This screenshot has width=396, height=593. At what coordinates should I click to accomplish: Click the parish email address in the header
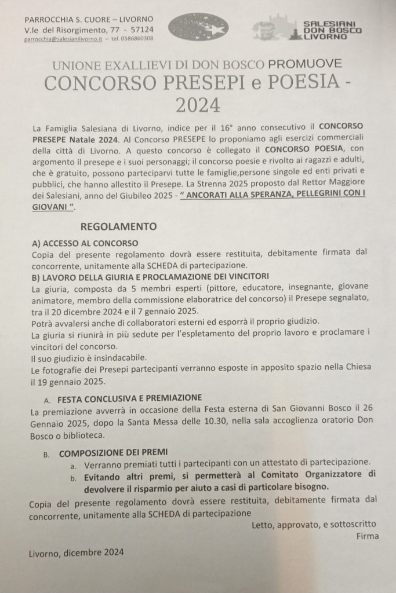64,39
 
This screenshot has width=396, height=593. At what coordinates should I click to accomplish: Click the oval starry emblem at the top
197,27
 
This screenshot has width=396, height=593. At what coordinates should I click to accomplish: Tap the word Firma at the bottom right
367,536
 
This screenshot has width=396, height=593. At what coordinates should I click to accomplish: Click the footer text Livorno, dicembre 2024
76,552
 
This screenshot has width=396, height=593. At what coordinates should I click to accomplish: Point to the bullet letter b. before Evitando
73,477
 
